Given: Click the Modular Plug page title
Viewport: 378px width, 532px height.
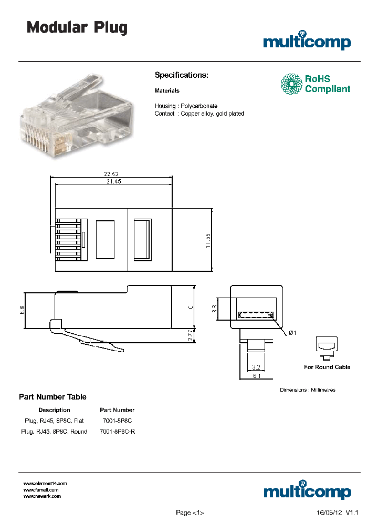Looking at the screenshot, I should click(77, 28).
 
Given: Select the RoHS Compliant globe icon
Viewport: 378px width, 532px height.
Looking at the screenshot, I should click(291, 84).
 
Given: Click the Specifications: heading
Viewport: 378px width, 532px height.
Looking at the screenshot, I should click(181, 75).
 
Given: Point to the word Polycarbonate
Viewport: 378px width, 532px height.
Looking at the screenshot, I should click(198, 106).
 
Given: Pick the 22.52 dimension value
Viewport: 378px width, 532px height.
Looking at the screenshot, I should click(111, 175).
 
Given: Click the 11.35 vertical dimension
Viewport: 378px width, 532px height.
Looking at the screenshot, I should click(208, 240).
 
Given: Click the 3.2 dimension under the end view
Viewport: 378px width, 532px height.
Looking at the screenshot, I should click(255, 367).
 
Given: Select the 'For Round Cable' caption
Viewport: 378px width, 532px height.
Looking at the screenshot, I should click(327, 367).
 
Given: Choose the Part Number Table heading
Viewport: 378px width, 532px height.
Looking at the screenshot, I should click(52, 397).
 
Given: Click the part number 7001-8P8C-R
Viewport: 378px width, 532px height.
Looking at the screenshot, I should click(117, 432).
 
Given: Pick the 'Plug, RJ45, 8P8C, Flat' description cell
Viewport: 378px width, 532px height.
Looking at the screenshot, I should click(54, 421).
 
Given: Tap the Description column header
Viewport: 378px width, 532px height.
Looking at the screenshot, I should click(54, 410).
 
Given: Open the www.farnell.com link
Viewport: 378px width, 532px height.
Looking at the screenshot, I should click(41, 489).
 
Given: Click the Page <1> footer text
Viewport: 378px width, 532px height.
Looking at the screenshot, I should click(190, 513).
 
